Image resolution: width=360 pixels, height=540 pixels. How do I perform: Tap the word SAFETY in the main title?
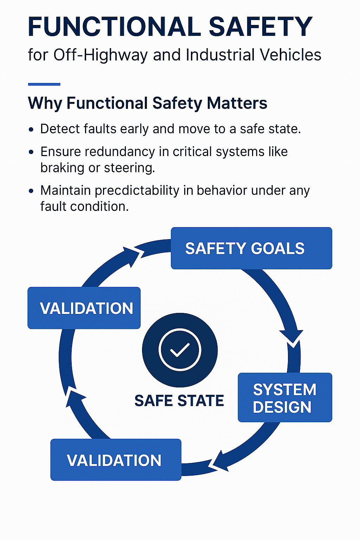(261, 27)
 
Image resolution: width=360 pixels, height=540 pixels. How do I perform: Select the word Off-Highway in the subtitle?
(100, 55)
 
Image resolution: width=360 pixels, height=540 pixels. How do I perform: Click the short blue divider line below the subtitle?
(44, 84)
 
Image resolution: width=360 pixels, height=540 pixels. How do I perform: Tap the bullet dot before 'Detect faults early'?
(31, 130)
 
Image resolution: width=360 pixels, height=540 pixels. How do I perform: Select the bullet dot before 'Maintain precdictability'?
(31, 191)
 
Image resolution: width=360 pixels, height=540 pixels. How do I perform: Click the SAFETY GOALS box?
(251, 248)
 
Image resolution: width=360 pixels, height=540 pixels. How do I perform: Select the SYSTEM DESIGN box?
(285, 398)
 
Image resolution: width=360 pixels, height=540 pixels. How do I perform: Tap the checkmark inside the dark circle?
(180, 350)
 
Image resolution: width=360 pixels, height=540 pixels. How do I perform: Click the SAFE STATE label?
(179, 401)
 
